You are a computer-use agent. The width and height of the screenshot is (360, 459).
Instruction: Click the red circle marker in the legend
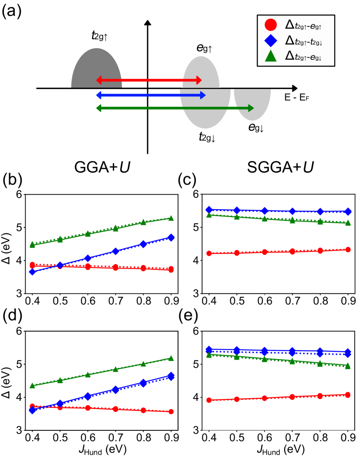point(270,25)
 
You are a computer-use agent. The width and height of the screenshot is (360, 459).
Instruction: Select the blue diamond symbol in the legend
point(270,41)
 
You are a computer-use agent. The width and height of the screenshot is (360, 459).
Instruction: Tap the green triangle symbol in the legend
point(270,56)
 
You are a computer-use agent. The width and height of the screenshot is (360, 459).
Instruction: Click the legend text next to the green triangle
point(303,56)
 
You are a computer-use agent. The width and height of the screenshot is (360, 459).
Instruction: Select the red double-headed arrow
point(149,80)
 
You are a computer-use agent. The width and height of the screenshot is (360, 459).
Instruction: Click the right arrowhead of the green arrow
point(251,108)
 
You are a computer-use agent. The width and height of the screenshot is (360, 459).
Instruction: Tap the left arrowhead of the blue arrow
point(99,95)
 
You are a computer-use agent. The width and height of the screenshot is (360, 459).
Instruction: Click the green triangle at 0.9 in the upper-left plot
point(171,218)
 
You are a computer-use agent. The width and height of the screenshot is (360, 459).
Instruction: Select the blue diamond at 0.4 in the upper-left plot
point(32,272)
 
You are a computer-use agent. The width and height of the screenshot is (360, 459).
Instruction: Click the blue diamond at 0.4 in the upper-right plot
point(209,210)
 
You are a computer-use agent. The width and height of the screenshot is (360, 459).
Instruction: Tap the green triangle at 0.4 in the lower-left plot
point(32,386)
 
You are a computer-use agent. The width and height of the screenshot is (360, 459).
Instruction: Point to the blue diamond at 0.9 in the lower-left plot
point(171,376)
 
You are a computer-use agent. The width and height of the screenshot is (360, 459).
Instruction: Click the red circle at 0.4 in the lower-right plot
point(209,400)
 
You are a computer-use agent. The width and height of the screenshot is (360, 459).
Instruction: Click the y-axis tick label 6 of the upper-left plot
point(19,194)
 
